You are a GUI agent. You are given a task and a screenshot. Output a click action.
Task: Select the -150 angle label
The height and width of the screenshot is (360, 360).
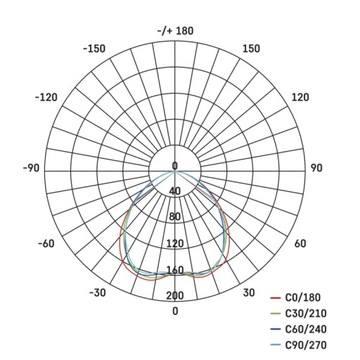[x=96, y=48]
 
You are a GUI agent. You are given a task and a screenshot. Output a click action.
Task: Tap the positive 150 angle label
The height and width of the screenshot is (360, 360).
[x=251, y=48]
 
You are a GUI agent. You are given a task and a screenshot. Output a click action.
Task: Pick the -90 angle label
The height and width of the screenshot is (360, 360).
[x=29, y=167]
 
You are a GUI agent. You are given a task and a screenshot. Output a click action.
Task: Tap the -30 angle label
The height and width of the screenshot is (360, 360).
[x=97, y=292]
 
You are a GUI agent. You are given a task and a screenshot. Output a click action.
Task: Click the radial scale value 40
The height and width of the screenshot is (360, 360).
[x=175, y=192]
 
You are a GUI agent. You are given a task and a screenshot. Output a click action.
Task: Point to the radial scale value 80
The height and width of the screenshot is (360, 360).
[x=175, y=217]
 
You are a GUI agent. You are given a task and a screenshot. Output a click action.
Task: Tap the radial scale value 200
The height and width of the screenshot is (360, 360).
[x=175, y=296]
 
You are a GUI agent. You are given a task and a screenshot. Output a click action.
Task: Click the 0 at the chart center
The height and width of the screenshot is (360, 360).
[x=175, y=166]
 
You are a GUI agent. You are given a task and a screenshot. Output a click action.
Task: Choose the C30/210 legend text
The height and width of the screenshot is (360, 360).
[x=316, y=314]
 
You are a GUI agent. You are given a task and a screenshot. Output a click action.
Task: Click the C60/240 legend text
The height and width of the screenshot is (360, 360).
[x=316, y=330]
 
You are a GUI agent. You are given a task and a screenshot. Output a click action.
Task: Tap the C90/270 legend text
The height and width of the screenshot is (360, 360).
[x=316, y=346]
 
